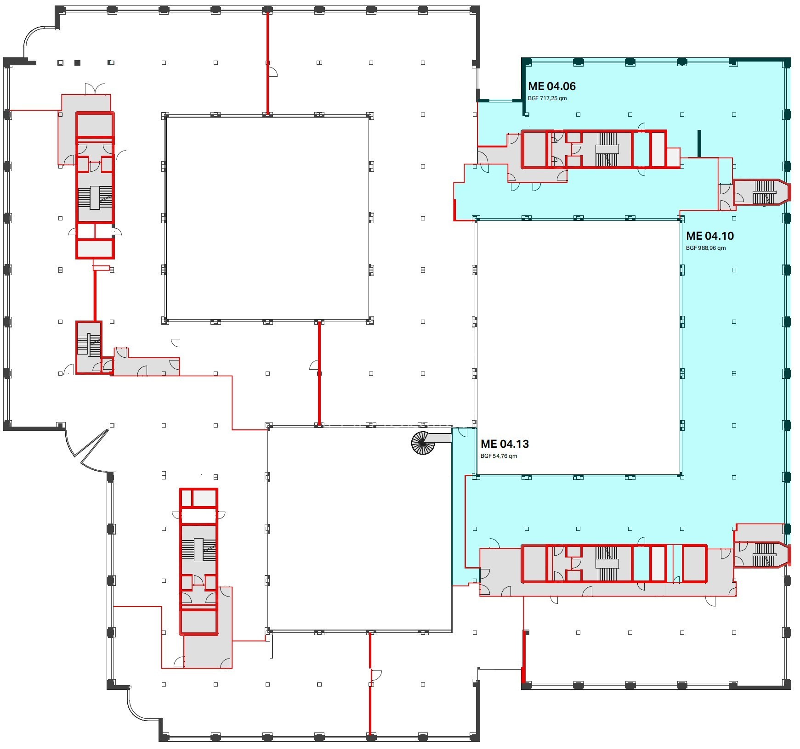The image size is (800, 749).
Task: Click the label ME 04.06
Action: (551, 86)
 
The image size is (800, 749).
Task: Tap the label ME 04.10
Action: (709, 236)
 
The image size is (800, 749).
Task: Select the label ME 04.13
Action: (505, 444)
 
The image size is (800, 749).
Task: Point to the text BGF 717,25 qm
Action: (547, 98)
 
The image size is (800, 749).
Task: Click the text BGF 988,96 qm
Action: (706, 248)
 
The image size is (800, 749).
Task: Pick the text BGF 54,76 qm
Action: (499, 456)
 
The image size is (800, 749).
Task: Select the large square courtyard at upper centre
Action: (268, 218)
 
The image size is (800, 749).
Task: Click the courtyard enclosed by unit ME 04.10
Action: (578, 348)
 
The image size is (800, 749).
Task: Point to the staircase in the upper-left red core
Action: (95, 198)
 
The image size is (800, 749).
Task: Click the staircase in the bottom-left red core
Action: (199, 549)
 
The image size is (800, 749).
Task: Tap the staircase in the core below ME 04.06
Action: (607, 149)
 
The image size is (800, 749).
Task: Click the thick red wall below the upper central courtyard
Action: (319, 373)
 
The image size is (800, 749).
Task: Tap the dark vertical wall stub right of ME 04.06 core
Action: (699, 144)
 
